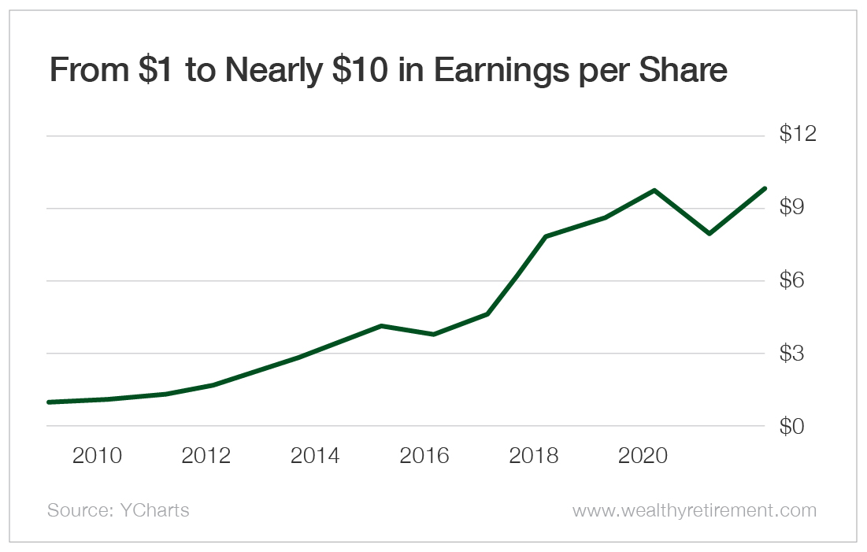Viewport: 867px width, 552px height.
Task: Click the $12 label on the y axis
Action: click(796, 134)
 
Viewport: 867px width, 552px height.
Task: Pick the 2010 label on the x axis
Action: click(97, 456)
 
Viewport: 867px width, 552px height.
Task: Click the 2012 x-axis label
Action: click(206, 456)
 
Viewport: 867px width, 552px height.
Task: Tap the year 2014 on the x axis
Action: click(315, 456)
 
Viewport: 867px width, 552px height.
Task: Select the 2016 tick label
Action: click(424, 456)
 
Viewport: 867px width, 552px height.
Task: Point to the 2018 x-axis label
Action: click(534, 456)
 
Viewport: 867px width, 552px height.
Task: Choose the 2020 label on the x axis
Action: click(643, 456)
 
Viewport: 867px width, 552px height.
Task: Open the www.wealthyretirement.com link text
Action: click(694, 510)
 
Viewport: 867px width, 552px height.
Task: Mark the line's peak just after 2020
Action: click(654, 191)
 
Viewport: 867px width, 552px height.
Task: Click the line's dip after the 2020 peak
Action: click(710, 233)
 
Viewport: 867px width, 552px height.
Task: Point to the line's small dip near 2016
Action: click(433, 335)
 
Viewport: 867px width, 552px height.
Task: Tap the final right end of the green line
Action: click(764, 188)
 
